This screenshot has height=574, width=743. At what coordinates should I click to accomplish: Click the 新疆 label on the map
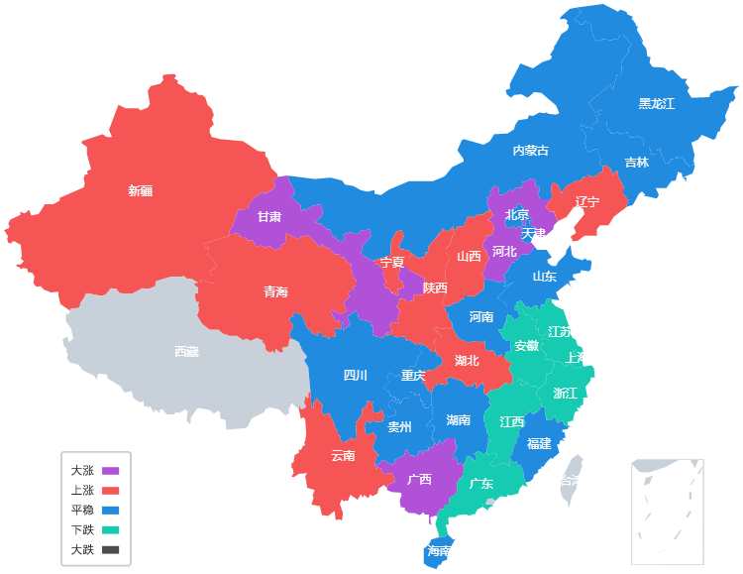140,190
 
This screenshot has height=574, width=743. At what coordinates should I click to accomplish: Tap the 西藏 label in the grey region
186,351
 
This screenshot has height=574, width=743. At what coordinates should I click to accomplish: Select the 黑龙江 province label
656,103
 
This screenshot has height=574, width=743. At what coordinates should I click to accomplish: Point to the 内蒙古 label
530,151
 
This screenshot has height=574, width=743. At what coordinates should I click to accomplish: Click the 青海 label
275,291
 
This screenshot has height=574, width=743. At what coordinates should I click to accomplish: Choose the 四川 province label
355,375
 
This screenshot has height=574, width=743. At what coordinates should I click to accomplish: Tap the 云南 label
343,456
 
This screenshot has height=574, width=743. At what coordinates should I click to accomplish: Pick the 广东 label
481,484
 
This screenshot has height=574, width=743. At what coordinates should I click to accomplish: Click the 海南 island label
439,551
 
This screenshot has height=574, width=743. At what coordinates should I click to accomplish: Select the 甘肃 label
269,216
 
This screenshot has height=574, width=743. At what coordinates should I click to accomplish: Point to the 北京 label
517,214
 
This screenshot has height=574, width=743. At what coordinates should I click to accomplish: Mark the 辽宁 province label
587,202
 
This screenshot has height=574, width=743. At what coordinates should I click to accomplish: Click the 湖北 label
467,360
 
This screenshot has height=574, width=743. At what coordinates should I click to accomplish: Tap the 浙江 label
565,393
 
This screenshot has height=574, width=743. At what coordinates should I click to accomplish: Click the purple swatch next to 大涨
111,471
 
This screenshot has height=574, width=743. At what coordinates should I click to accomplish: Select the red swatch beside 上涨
111,491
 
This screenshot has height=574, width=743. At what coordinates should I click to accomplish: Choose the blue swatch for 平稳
111,510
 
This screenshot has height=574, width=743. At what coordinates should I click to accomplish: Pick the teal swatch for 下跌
111,529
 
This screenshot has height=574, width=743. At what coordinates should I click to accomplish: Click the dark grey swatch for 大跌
111,549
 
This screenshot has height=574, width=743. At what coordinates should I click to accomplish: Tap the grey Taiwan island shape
572,480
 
